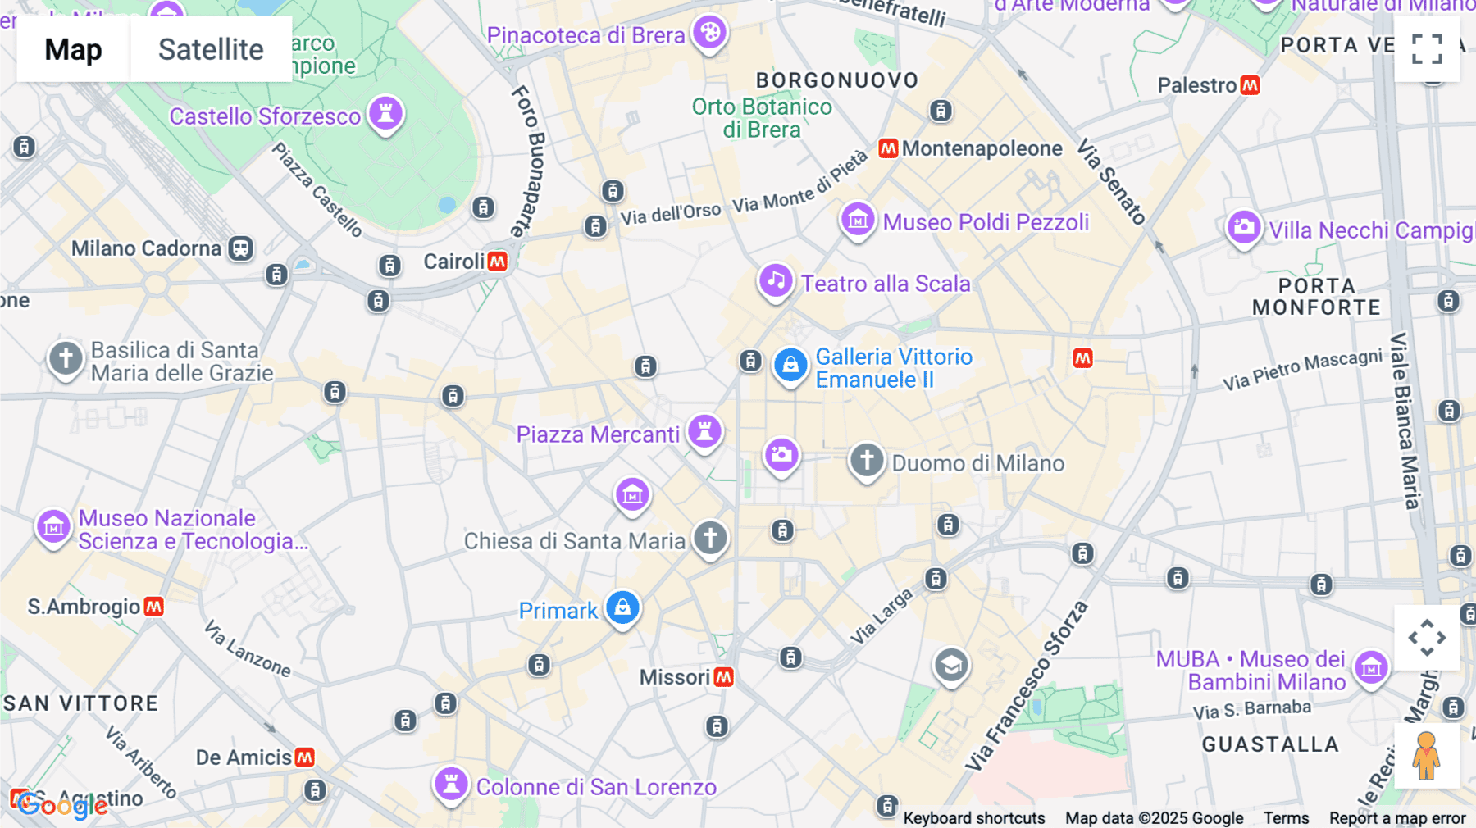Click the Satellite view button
point(211,49)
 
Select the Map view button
point(73,49)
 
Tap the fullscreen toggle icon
point(1427,49)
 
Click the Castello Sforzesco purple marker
point(385,112)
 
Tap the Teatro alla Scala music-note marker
point(775,280)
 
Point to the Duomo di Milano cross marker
point(866,460)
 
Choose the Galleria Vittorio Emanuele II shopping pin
point(790,365)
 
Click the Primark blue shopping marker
point(622,608)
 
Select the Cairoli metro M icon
point(497,262)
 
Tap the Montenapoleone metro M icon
point(888,148)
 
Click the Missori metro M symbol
point(723,677)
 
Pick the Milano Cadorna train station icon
point(240,248)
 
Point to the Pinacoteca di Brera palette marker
point(709,33)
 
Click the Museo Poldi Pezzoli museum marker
point(858,219)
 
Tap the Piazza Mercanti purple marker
point(704,431)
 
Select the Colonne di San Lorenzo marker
point(450,784)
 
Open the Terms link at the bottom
point(1286,818)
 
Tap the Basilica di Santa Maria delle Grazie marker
point(66,358)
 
